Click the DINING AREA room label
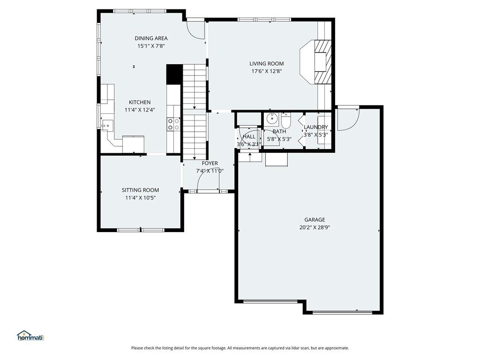tap(151, 38)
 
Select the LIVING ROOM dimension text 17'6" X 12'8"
tap(266, 71)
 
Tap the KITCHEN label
tap(140, 102)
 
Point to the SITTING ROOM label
tap(140, 190)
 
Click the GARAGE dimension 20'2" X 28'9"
tap(315, 227)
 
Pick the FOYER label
tap(210, 163)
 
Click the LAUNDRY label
tap(315, 127)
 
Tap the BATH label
tap(279, 131)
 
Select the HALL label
tap(249, 136)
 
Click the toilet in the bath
tap(285, 121)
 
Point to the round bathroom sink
tap(271, 118)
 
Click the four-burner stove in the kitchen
tap(173, 124)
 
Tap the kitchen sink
tap(107, 125)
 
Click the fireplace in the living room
tap(316, 61)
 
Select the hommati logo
tap(31, 336)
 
